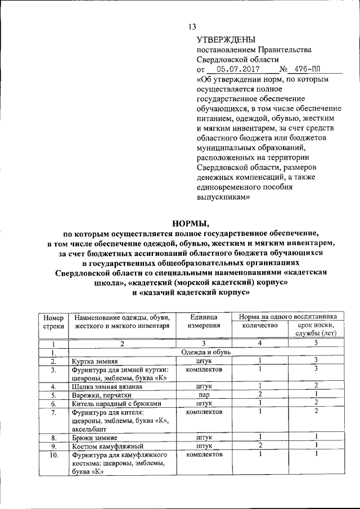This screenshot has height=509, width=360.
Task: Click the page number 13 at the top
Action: (191, 26)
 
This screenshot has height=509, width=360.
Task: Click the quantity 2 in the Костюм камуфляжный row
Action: (260, 445)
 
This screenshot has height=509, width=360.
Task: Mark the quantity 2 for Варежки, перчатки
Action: (260, 394)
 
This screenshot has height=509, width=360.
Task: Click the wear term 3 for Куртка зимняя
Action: (316, 361)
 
